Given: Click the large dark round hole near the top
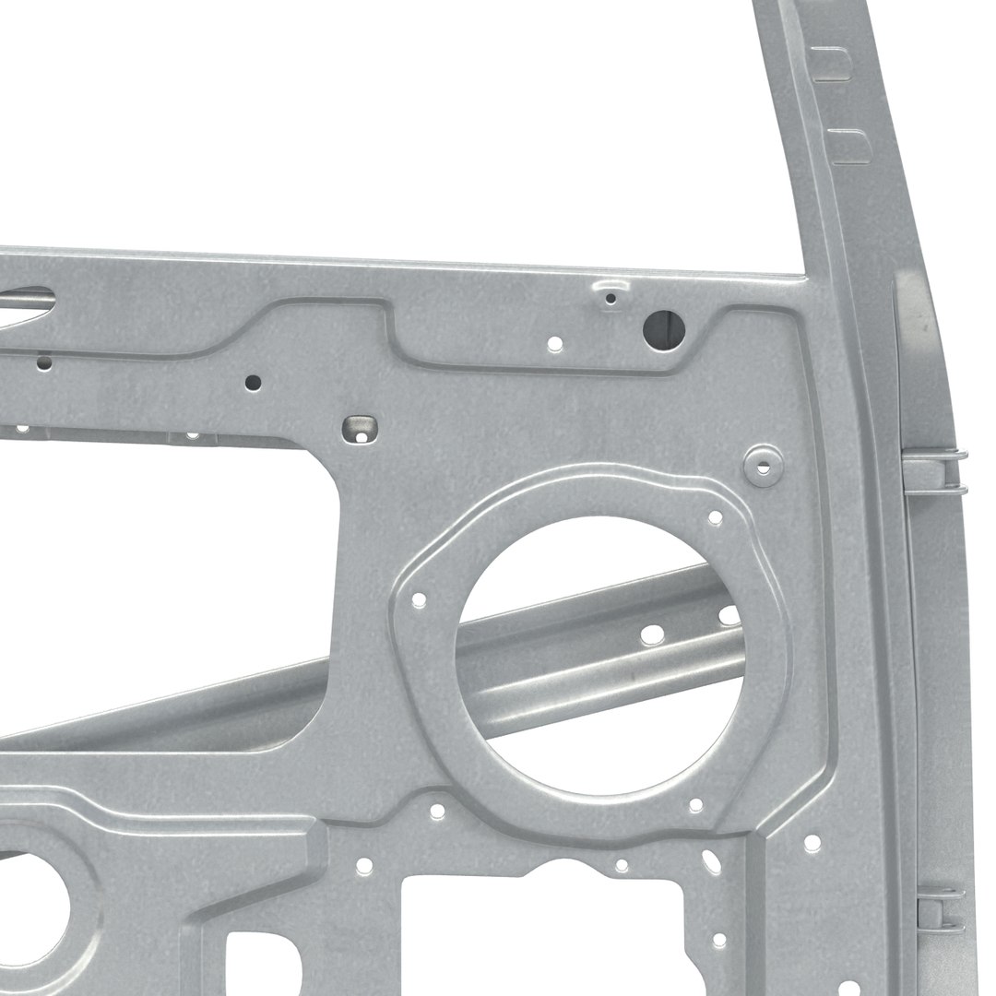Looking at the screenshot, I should (x=663, y=329).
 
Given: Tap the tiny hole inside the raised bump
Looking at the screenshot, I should (x=610, y=298).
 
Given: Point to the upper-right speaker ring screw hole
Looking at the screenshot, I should (x=715, y=518).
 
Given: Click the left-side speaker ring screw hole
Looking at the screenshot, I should (x=419, y=600).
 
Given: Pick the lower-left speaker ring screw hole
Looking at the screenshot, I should (x=437, y=812).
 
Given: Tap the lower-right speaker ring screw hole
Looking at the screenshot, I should (x=695, y=806).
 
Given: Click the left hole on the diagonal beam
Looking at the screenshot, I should (x=652, y=634).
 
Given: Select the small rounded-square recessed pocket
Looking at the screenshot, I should (x=360, y=429).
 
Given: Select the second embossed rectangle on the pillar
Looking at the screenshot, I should (x=849, y=147).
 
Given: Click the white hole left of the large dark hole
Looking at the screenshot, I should (x=554, y=344).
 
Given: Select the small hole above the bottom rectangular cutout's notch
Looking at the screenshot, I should (x=622, y=865).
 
